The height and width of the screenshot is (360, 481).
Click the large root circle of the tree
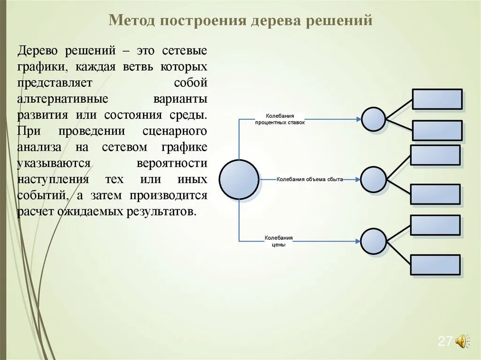pos(239,179)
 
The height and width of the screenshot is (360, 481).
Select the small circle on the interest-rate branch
pos(373,119)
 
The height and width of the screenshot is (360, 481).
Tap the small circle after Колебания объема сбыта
pos(373,179)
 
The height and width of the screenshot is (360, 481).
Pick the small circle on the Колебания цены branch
pos(374,241)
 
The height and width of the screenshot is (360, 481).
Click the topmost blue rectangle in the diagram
pos(437,99)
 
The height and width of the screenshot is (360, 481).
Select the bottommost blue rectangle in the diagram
pos(435,265)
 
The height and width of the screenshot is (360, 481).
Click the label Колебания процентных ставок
pos(280,119)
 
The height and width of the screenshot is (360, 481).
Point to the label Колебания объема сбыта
pos(310,179)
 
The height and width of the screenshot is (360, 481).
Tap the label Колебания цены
pos(279,241)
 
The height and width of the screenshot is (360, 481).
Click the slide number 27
pos(444,341)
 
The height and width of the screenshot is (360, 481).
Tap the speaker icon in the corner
pos(462,341)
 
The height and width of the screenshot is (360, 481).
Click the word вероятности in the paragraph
pos(172,163)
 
